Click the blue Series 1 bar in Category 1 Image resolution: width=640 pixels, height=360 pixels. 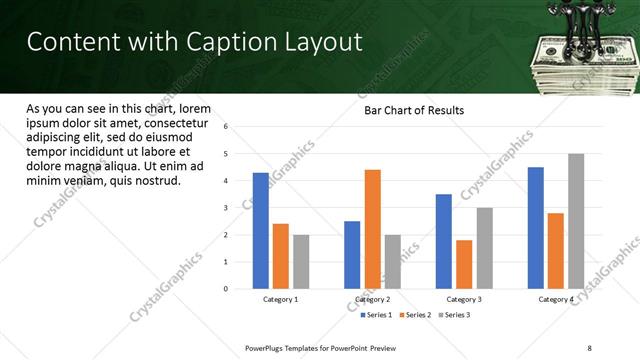tap(260, 231)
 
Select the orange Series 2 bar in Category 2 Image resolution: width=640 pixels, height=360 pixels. tap(372, 229)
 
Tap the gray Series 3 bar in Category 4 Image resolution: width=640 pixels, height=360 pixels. tap(575, 221)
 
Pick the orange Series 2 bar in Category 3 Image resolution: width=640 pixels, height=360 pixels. tap(464, 264)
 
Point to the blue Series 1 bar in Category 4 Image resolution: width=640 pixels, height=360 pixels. tap(535, 228)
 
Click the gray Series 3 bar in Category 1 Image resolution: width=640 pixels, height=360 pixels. tap(301, 262)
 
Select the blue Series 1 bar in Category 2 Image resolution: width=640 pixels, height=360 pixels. tap(352, 255)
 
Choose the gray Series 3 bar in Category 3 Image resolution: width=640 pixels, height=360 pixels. tap(484, 248)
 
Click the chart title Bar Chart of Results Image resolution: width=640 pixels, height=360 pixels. tap(413, 110)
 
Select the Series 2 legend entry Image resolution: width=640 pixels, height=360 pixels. tap(417, 315)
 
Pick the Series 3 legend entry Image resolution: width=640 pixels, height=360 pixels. tap(455, 315)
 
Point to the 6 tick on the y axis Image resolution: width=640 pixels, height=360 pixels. tap(226, 127)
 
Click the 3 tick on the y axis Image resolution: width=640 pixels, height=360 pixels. tap(226, 208)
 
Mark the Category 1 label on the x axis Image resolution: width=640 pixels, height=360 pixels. tap(281, 299)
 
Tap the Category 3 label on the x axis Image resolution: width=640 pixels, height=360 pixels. tap(464, 299)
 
